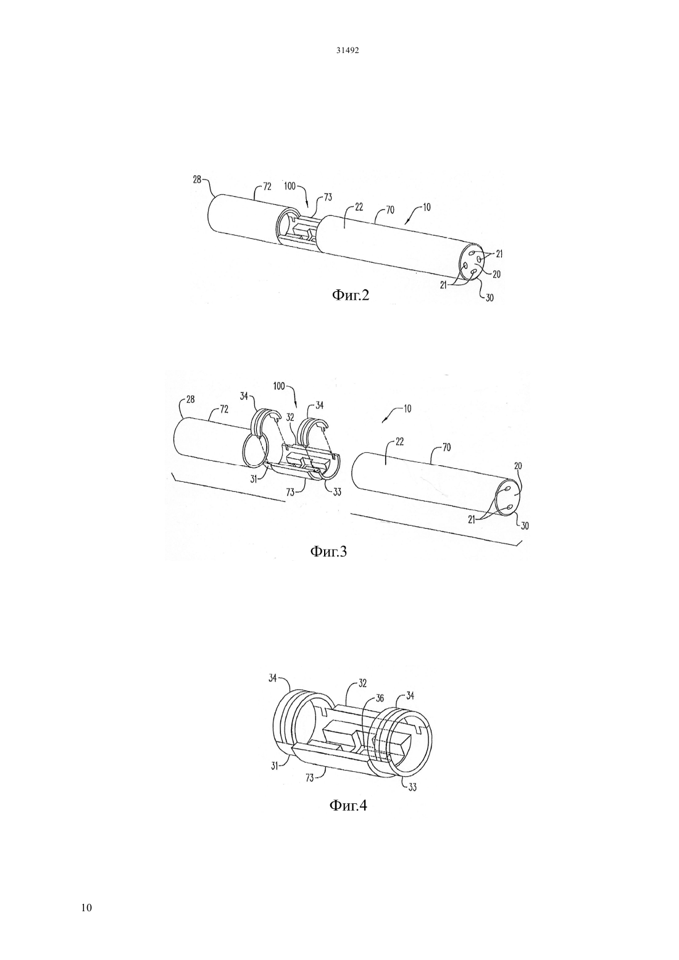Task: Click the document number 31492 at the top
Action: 348,50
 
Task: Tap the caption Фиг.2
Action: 351,296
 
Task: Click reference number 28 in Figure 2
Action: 197,180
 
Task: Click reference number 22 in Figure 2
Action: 359,207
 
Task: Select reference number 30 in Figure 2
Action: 489,297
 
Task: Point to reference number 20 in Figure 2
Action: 496,274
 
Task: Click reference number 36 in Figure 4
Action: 380,698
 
